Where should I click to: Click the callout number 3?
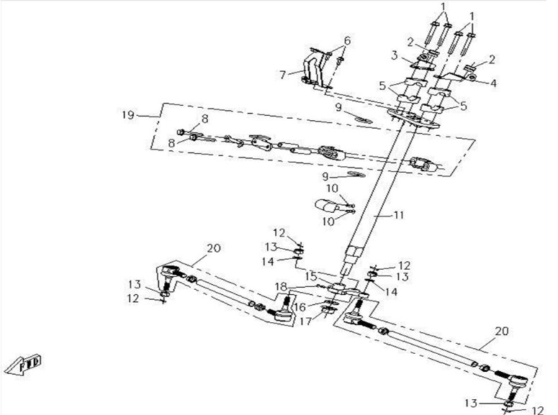tap(395, 55)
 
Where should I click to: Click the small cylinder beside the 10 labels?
tap(328, 211)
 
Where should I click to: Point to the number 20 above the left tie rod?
tap(213, 248)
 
